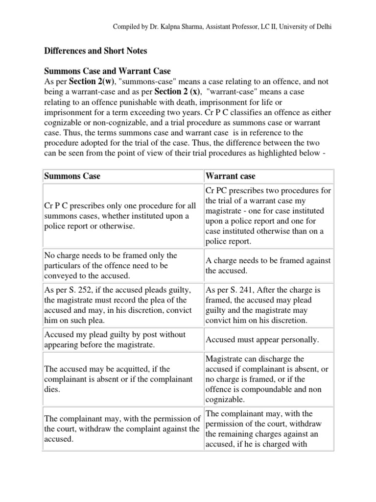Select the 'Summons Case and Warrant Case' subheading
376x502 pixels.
coord(107,71)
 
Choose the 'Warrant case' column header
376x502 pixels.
coord(231,176)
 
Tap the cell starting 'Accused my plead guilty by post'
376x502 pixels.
coord(115,339)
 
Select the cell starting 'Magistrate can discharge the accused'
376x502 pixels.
coord(267,379)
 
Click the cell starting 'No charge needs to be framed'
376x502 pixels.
coord(110,265)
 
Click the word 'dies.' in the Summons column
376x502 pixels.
coord(52,389)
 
